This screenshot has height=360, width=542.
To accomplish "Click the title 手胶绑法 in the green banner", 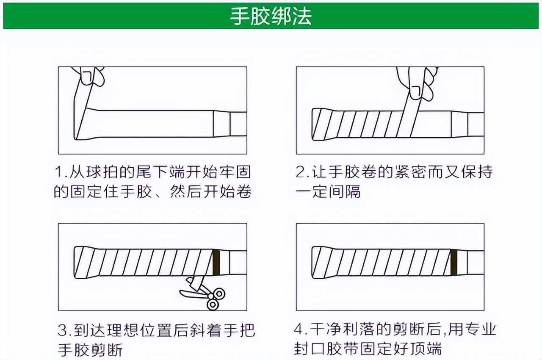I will (271, 16).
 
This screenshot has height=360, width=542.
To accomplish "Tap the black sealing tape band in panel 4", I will (455, 262).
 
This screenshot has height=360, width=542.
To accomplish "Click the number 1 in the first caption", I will (58, 172).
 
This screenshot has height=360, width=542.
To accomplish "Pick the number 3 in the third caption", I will (62, 330).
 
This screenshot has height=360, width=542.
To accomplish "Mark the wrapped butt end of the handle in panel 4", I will (320, 262).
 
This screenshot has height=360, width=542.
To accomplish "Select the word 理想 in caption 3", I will (128, 330).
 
